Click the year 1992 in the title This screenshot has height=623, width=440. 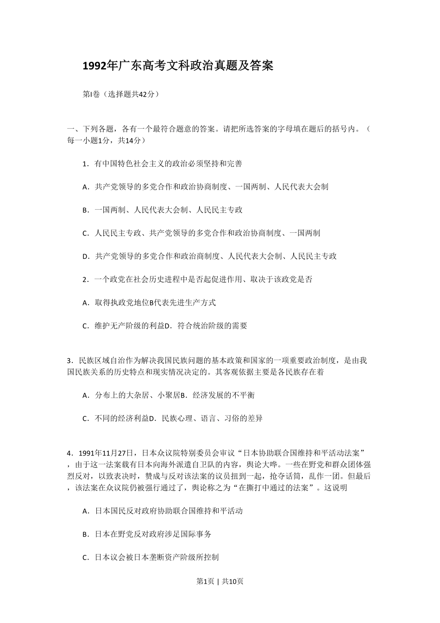pyautogui.click(x=94, y=66)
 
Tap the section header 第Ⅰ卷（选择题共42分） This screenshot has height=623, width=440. pyautogui.click(x=121, y=94)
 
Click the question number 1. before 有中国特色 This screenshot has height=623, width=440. pyautogui.click(x=85, y=164)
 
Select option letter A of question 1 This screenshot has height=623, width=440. pyautogui.click(x=85, y=187)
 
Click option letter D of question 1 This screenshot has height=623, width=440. pyautogui.click(x=85, y=256)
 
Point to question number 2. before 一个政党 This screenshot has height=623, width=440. pyautogui.click(x=85, y=280)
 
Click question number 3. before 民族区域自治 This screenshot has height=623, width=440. pyautogui.click(x=70, y=361)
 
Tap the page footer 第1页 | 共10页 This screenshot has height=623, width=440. pyautogui.click(x=220, y=581)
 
